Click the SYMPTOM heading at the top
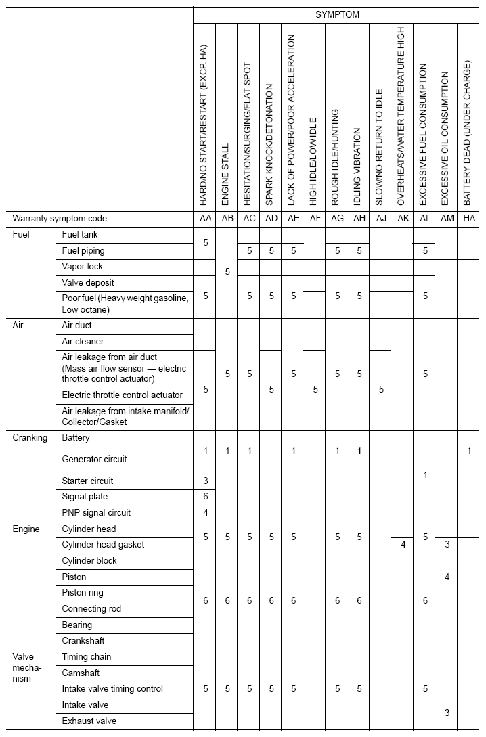point(336,14)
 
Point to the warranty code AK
point(403,219)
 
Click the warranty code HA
point(468,219)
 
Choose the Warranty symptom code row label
point(60,219)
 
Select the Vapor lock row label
point(83,267)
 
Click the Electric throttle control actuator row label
point(123,395)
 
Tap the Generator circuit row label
point(95,459)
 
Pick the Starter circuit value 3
point(205,481)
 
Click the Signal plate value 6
point(205,497)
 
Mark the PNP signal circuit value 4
point(205,512)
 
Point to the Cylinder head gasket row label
point(104,544)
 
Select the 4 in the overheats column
point(403,544)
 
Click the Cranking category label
point(30,438)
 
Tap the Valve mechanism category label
point(27,667)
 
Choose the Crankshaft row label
point(83,640)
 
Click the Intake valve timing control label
point(113,688)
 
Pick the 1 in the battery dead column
point(468,451)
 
